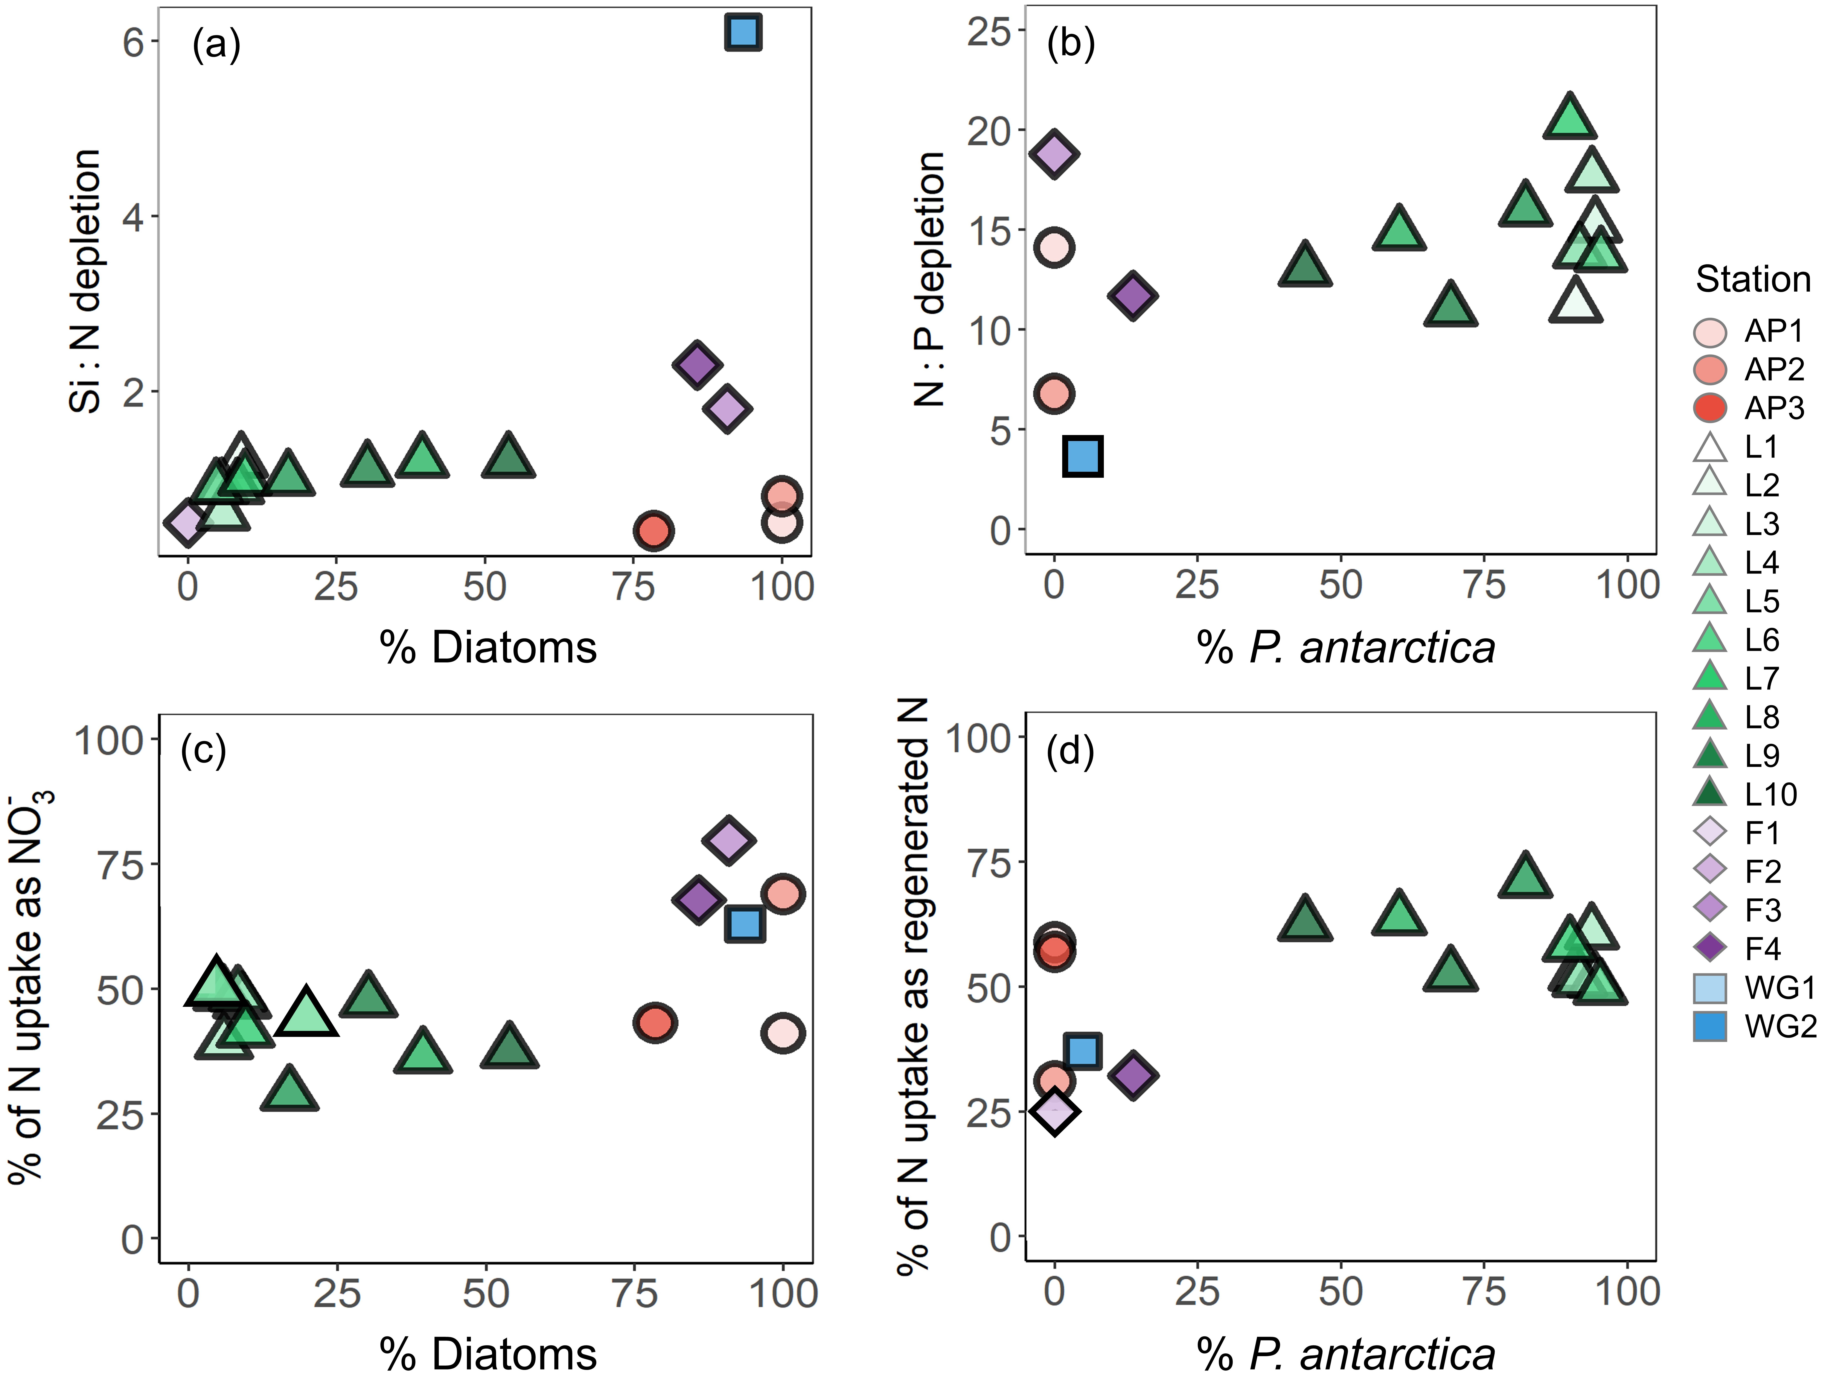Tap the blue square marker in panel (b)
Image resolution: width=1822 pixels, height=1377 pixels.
click(x=1083, y=456)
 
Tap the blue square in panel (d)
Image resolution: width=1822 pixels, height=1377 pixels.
click(x=1083, y=1052)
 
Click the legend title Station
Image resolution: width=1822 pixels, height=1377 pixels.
click(x=1753, y=280)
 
